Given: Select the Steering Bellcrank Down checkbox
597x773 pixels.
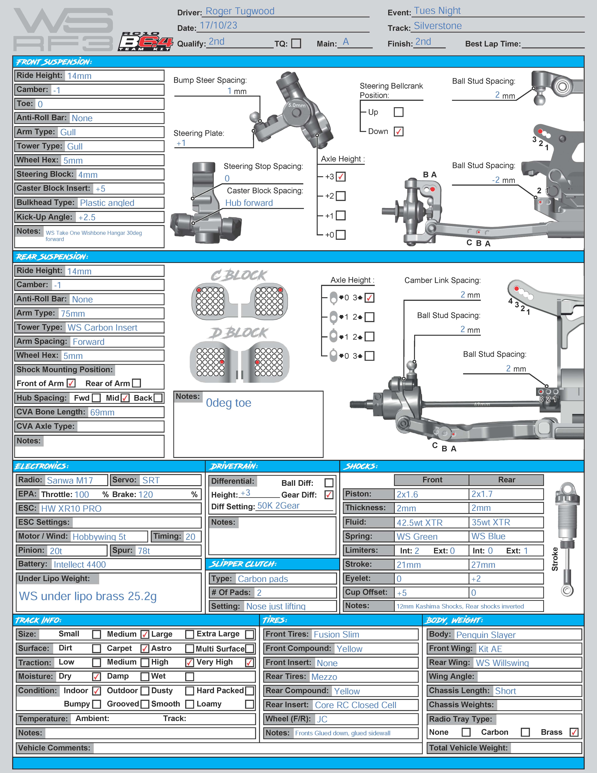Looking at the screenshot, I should [399, 131].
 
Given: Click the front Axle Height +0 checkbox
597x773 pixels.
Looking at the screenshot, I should [341, 235].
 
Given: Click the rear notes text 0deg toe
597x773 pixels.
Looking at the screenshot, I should [229, 403].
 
